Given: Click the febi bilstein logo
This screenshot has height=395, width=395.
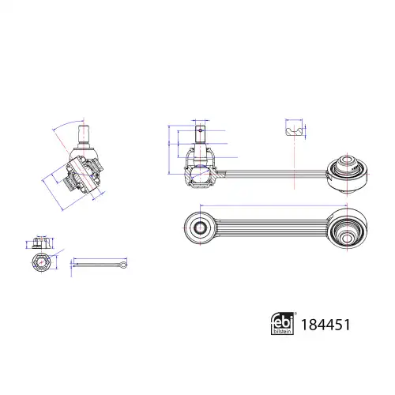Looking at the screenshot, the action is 282,323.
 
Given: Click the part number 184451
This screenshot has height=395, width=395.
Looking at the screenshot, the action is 325,325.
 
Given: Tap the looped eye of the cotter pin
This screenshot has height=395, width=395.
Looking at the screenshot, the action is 123,265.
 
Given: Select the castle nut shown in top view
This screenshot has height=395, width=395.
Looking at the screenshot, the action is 42,262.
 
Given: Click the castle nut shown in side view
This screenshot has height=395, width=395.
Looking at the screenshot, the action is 41,243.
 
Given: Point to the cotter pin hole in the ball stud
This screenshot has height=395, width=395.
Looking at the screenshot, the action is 201,130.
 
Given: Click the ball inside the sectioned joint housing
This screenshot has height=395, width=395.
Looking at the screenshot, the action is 201,174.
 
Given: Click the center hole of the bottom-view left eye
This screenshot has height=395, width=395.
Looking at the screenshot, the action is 200,227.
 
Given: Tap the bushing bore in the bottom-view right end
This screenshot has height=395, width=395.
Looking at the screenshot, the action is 347,239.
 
